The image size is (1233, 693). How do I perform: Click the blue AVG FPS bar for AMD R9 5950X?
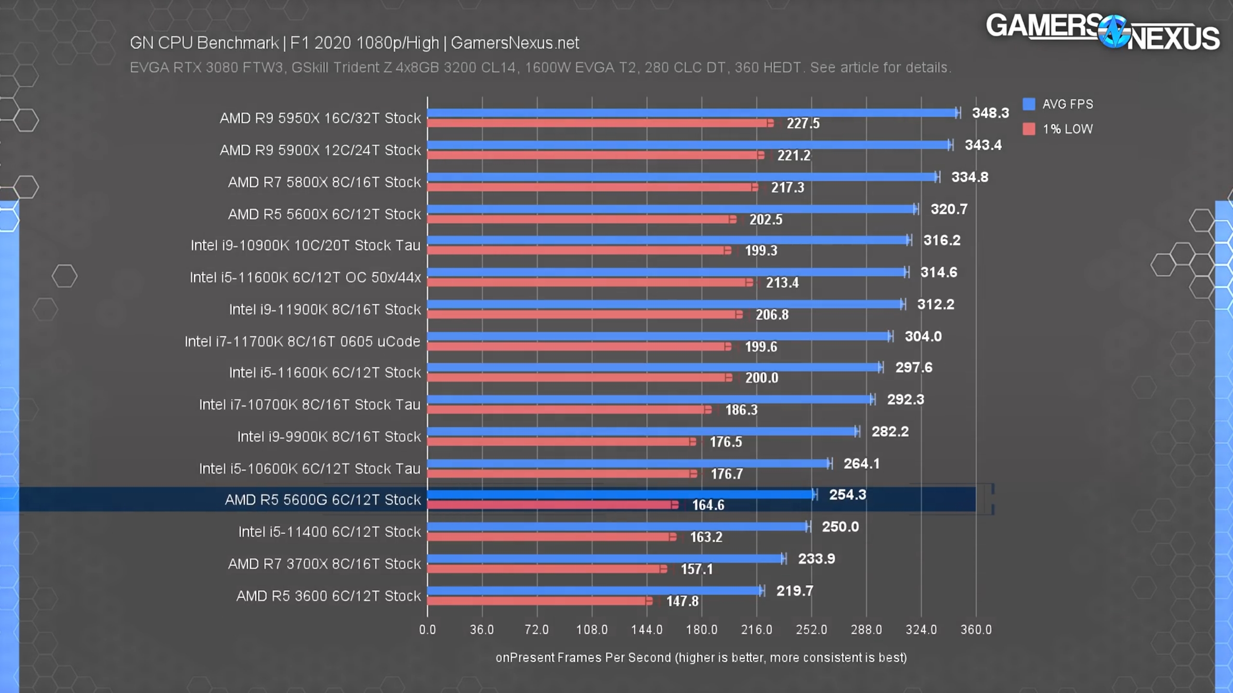[693, 113]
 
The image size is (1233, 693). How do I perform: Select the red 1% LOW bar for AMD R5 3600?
[538, 601]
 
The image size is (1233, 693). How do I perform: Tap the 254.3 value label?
[847, 495]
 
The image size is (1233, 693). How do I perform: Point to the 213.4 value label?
[782, 282]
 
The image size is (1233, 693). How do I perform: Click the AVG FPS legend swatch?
[1029, 104]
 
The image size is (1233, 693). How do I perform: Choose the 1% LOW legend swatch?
[1029, 129]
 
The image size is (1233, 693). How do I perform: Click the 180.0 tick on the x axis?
[701, 629]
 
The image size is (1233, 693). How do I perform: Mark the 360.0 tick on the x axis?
[976, 629]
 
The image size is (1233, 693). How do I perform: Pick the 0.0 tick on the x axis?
[427, 629]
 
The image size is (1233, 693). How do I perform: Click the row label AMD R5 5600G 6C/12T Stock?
[323, 500]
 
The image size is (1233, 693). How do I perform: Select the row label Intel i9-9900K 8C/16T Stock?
[329, 436]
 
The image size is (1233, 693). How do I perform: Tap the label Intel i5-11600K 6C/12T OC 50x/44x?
[305, 278]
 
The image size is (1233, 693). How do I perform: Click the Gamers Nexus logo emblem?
[1114, 32]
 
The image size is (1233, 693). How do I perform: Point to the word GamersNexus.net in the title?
[515, 43]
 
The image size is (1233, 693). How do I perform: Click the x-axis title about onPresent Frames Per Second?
[701, 658]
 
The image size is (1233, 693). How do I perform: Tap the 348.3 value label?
[990, 113]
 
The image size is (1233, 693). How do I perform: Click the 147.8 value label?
[682, 601]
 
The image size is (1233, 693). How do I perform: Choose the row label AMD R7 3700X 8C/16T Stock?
[324, 564]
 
